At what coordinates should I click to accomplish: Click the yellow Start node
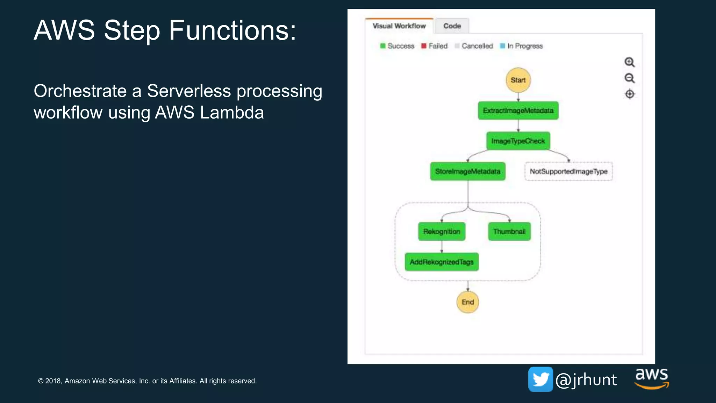pyautogui.click(x=518, y=80)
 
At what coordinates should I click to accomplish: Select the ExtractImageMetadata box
pyautogui.click(x=518, y=111)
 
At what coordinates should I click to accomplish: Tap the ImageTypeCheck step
pyautogui.click(x=518, y=141)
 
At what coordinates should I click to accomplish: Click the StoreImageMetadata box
pyautogui.click(x=467, y=171)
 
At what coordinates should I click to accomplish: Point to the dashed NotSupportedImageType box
pyautogui.click(x=568, y=171)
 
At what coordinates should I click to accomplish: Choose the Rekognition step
pyautogui.click(x=442, y=232)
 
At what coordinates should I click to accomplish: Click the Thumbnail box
pyautogui.click(x=509, y=232)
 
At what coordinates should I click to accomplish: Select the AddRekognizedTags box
pyautogui.click(x=442, y=262)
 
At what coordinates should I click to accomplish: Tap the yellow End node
pyautogui.click(x=467, y=302)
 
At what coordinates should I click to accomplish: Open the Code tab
pyautogui.click(x=452, y=26)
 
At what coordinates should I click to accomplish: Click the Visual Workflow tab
pyautogui.click(x=399, y=26)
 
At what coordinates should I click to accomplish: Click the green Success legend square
pyautogui.click(x=383, y=46)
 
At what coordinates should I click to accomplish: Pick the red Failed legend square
pyautogui.click(x=424, y=46)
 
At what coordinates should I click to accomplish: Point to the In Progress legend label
pyautogui.click(x=525, y=46)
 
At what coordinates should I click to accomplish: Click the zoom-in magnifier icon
pyautogui.click(x=629, y=62)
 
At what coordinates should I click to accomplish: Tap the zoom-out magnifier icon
pyautogui.click(x=629, y=78)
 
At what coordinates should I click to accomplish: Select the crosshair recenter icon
pyautogui.click(x=629, y=94)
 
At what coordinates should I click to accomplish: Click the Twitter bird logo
pyautogui.click(x=540, y=379)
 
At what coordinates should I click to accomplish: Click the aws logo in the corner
pyautogui.click(x=652, y=378)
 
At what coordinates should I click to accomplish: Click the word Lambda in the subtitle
pyautogui.click(x=232, y=113)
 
